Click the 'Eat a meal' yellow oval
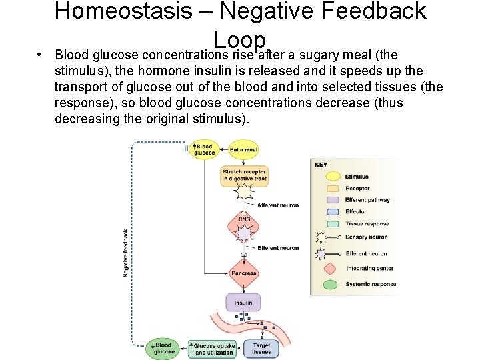[243, 149]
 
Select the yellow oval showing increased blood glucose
[204, 149]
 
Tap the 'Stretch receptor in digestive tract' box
[244, 175]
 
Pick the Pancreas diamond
[243, 273]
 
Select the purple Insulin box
[243, 303]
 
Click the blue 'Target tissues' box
[261, 349]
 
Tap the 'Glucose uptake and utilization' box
[214, 349]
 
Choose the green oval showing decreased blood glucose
[163, 349]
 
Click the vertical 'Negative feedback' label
[126, 253]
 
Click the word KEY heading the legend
[321, 164]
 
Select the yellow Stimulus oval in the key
[327, 177]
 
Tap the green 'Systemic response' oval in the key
[327, 285]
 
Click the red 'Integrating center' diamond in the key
[327, 268]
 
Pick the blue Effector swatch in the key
[327, 211]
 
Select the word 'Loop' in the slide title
[240, 40]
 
